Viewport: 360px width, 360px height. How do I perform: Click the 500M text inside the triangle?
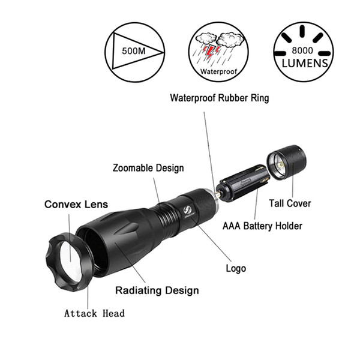[134, 51]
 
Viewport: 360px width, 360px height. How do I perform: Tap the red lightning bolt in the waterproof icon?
[210, 52]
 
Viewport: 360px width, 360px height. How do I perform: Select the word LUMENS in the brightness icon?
[305, 64]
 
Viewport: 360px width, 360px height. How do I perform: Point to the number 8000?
[302, 50]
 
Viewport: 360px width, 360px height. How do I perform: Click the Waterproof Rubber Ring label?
[220, 98]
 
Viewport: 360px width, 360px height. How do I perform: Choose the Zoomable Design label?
[148, 168]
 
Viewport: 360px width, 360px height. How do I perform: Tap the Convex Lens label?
[76, 205]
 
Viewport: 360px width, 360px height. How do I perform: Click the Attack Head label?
[94, 313]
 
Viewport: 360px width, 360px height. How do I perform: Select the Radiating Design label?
[157, 290]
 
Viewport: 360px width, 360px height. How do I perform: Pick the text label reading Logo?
[236, 268]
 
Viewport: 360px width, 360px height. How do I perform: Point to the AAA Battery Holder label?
[262, 226]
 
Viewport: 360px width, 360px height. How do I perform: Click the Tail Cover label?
[290, 203]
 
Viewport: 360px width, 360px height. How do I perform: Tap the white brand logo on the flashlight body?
[186, 211]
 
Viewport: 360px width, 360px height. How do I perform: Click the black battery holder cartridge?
[244, 183]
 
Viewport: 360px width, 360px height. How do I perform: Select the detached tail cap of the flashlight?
[287, 162]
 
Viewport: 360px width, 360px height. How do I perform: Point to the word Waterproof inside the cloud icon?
[218, 71]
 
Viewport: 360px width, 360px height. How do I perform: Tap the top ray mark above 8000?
[302, 31]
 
